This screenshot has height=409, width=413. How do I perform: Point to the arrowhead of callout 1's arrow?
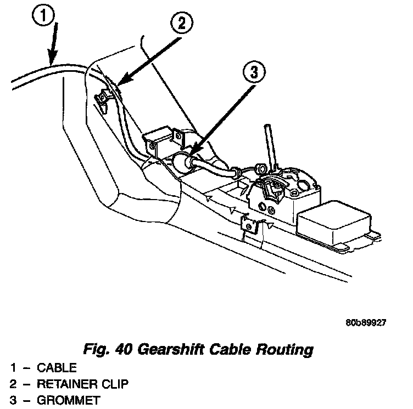coord(51,60)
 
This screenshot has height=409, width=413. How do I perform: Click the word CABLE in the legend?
coord(57,367)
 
